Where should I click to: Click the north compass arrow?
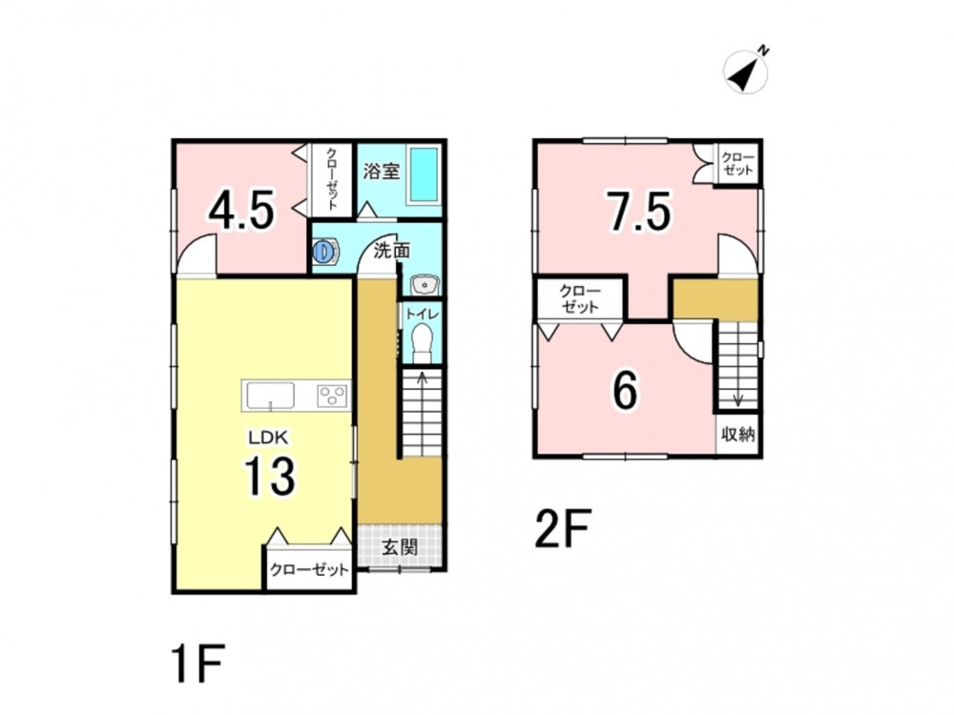[745, 71]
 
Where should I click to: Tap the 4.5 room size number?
[241, 211]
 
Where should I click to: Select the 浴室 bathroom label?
[382, 171]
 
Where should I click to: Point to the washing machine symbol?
[325, 251]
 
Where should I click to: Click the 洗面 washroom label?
[392, 251]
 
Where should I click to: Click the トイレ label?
[421, 314]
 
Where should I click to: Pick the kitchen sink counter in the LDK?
[269, 396]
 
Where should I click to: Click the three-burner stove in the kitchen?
[332, 396]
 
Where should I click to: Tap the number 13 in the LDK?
[270, 476]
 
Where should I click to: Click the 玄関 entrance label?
[400, 547]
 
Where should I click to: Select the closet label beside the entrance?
[309, 570]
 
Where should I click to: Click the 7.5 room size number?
[640, 211]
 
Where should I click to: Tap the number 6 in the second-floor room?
[626, 391]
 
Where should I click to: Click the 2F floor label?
[562, 528]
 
